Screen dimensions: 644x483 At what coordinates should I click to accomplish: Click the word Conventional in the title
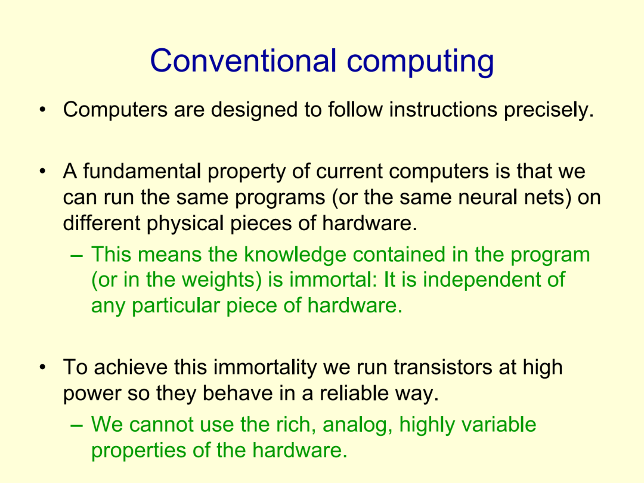click(243, 61)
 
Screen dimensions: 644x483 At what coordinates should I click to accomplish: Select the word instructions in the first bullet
click(443, 110)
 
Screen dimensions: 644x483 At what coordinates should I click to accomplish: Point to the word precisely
click(549, 110)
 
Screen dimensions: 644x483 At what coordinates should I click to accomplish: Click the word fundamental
click(142, 172)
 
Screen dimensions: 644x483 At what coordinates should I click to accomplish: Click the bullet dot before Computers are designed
click(42, 110)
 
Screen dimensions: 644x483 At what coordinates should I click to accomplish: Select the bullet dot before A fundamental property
click(42, 171)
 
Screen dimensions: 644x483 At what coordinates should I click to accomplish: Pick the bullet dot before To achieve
click(42, 367)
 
